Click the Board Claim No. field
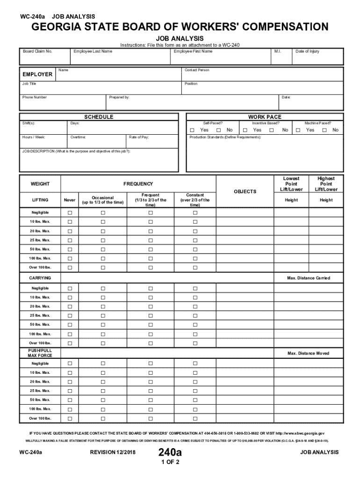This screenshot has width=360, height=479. click(44, 57)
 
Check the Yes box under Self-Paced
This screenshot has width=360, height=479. click(192, 130)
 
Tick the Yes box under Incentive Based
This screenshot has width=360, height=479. click(245, 130)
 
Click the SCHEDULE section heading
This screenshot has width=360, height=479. click(99, 116)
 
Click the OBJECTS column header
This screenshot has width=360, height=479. click(245, 191)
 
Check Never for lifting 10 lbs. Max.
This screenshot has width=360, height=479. click(70, 222)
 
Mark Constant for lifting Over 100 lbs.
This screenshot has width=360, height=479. click(195, 268)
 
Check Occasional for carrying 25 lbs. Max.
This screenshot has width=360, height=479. click(103, 315)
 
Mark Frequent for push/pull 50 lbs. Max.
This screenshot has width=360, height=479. click(151, 400)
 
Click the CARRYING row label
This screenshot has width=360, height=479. click(40, 278)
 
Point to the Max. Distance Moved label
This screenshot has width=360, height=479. click(308, 353)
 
